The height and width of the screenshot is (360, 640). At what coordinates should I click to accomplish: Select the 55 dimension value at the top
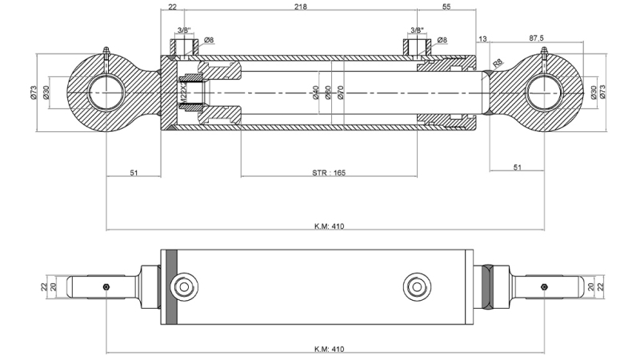446,6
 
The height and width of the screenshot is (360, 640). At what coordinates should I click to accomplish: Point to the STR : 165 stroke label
329,172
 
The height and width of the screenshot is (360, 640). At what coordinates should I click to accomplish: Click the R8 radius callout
498,62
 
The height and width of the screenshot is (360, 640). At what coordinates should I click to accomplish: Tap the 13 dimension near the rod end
482,38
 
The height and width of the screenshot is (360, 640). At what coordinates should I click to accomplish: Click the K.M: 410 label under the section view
329,226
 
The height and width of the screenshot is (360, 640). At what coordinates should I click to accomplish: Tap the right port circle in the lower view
416,286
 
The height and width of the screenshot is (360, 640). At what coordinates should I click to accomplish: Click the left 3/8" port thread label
183,30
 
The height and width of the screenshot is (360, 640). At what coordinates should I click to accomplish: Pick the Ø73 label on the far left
34,92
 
